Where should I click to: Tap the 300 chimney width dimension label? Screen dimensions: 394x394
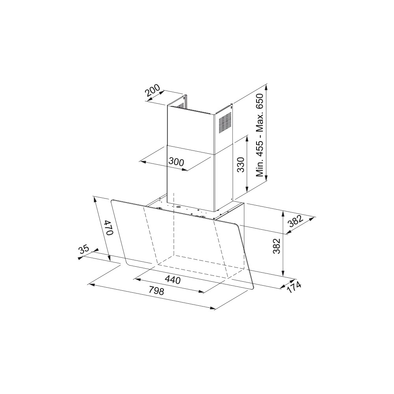[176, 162]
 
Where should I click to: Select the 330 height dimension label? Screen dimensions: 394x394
[241, 165]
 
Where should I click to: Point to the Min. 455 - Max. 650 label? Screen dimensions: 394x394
[260, 135]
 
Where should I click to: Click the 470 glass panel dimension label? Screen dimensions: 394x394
[109, 227]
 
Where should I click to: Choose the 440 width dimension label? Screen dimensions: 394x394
[173, 279]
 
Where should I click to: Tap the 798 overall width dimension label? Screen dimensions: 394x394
[156, 290]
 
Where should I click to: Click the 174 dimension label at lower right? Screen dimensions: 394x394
[294, 287]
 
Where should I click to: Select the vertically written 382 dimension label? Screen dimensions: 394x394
[277, 246]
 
